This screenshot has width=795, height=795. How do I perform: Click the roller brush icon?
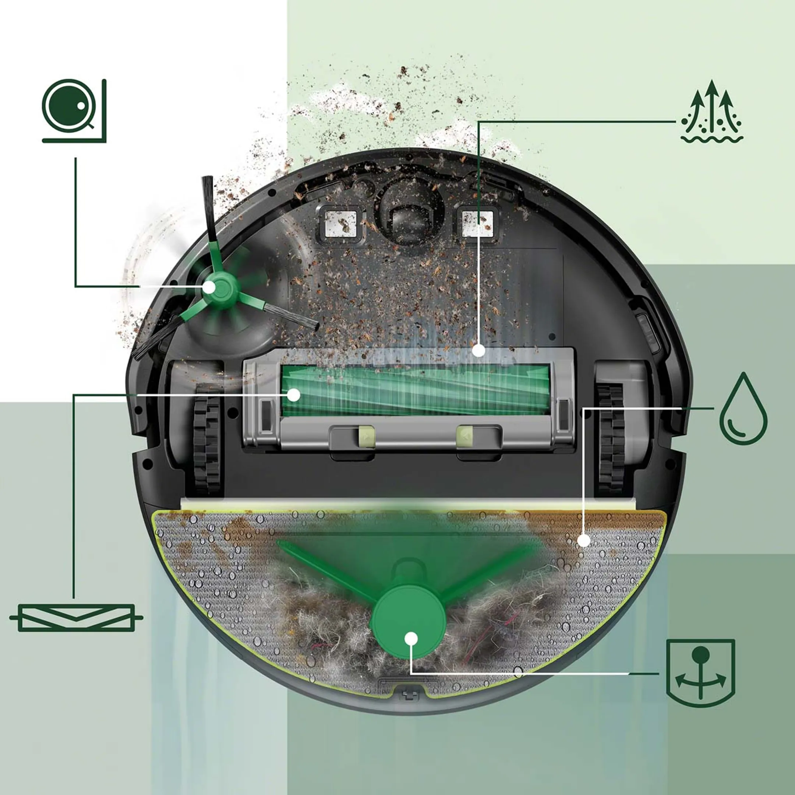click(x=76, y=618)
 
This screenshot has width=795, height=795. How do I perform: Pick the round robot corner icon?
click(x=74, y=110)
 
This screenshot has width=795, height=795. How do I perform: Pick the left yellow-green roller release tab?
click(x=366, y=436)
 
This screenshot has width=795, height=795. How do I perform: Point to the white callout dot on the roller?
click(x=293, y=395)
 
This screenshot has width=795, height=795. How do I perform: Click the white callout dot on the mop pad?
click(x=583, y=540)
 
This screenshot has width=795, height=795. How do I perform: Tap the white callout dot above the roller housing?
click(x=478, y=351)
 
